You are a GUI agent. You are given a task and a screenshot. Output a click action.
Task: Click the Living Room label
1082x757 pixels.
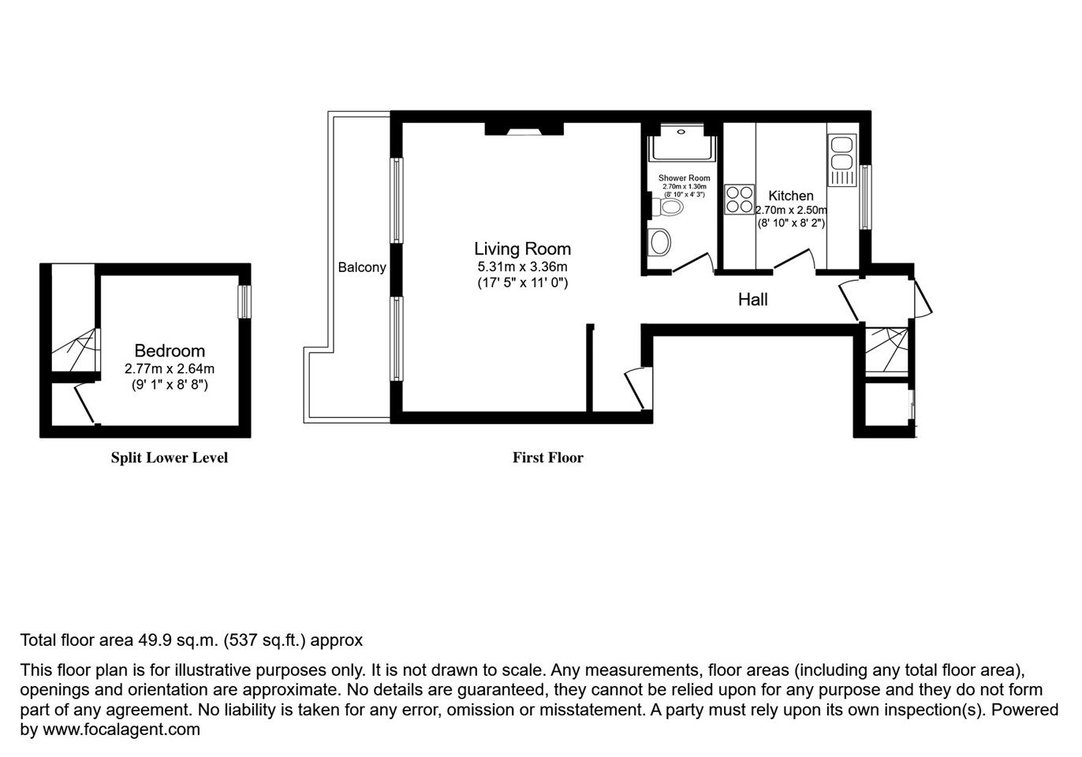(x=522, y=249)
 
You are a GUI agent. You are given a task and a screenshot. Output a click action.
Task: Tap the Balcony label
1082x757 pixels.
(x=362, y=267)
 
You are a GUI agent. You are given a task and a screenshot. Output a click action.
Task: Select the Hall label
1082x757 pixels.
(x=752, y=300)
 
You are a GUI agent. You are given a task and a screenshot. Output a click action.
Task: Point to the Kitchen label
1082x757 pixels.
(x=791, y=196)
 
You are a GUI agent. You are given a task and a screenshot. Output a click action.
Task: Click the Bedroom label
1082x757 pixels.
(x=170, y=350)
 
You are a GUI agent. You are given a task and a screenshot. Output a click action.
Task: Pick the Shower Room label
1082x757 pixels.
(x=684, y=178)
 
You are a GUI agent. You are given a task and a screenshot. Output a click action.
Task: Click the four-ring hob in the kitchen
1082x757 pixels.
(x=739, y=199)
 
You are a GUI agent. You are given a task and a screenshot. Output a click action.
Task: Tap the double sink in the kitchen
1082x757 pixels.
(x=842, y=160)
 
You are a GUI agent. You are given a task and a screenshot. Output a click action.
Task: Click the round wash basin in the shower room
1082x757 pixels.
(x=659, y=241)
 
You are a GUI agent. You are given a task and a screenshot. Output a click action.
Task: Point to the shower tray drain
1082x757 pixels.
(x=681, y=132)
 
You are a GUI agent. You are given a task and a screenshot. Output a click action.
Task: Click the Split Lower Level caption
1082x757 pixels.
(x=169, y=457)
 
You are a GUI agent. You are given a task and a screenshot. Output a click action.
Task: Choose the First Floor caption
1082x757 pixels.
(x=548, y=457)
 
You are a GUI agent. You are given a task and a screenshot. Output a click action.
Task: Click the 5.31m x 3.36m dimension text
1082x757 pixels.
(x=522, y=267)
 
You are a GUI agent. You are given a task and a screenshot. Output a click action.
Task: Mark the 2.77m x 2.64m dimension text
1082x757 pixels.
(x=170, y=368)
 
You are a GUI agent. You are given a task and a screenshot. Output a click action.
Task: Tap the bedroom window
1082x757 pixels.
(x=245, y=302)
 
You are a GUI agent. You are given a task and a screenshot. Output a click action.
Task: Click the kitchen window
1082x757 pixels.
(x=865, y=197)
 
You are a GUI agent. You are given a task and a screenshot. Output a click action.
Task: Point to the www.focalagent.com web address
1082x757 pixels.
(x=121, y=729)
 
